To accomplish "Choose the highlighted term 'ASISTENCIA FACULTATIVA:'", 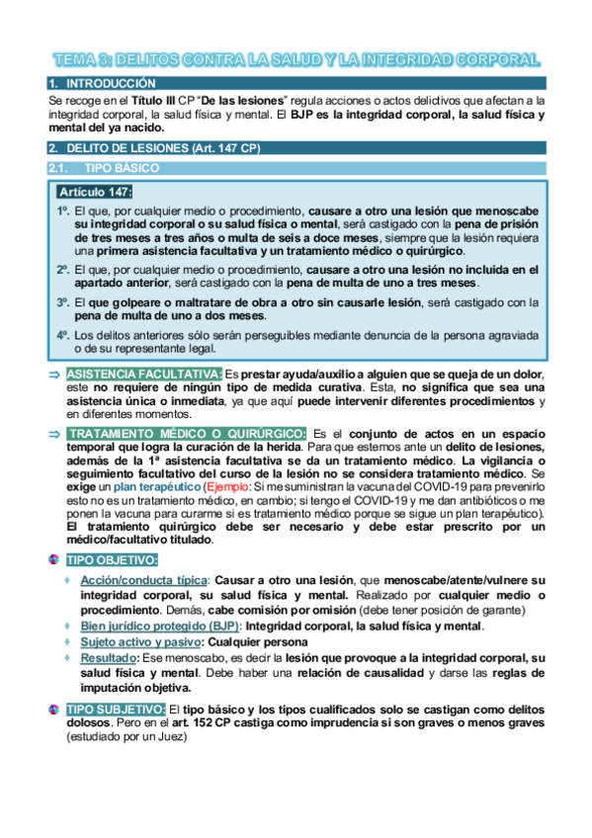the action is pos(144,375).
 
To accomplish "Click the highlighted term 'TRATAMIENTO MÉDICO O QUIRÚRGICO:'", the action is pos(187,434).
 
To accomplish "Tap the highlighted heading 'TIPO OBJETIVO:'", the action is pos(112,560).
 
